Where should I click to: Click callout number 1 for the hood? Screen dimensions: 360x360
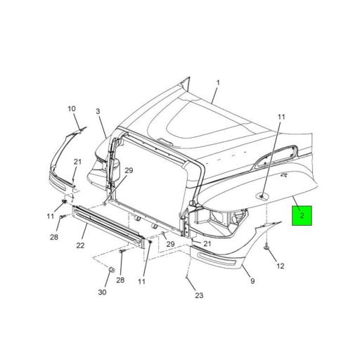(217, 83)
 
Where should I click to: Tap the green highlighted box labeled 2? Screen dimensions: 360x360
(302, 215)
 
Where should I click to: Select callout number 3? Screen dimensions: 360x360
(98, 112)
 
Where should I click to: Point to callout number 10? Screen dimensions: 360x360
(71, 108)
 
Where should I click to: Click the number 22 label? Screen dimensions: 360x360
(81, 245)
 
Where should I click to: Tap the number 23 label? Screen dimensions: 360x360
(199, 295)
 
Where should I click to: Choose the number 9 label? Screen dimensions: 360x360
(252, 281)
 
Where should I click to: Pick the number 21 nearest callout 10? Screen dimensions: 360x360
(77, 162)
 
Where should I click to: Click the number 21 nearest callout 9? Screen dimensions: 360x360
(207, 243)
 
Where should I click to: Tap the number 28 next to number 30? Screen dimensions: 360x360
(120, 281)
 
